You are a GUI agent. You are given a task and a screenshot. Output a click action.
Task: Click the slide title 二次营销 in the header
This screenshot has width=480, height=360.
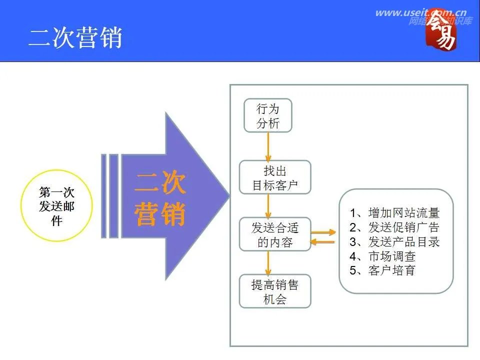pyautogui.click(x=75, y=37)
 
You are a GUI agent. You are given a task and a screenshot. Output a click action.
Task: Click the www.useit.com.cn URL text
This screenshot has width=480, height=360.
pyautogui.click(x=420, y=13)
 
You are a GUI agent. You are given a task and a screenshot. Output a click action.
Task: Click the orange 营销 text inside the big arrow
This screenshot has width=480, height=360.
pyautogui.click(x=160, y=214)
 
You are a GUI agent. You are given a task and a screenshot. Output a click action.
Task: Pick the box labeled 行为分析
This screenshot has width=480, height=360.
pyautogui.click(x=267, y=115)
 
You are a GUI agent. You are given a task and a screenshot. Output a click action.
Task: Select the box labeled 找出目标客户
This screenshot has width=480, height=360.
pyautogui.click(x=274, y=177)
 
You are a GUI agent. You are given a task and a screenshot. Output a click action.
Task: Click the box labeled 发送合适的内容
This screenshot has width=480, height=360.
pyautogui.click(x=274, y=234)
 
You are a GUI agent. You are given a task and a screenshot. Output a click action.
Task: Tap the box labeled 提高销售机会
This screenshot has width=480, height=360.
pyautogui.click(x=274, y=291)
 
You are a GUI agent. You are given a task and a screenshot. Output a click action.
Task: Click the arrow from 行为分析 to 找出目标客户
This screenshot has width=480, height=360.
pyautogui.click(x=268, y=146)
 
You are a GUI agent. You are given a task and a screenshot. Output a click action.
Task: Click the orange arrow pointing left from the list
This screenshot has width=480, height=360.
pyautogui.click(x=322, y=242)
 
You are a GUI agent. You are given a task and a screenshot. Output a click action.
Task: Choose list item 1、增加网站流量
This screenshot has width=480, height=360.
pyautogui.click(x=394, y=212)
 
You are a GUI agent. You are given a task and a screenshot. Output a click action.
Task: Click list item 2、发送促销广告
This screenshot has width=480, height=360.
pyautogui.click(x=394, y=227)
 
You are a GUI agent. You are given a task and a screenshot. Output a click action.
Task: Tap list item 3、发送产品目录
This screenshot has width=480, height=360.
pyautogui.click(x=394, y=242)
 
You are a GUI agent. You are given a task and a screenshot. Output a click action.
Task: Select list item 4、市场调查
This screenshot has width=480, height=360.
pyautogui.click(x=382, y=256)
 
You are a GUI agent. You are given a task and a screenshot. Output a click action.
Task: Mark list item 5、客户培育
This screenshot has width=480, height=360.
pyautogui.click(x=382, y=271)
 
